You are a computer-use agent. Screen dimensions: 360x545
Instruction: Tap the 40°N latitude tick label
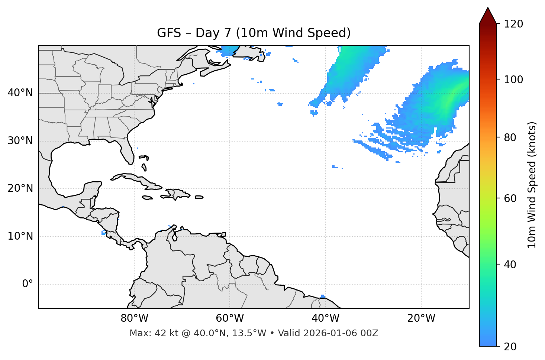(x=20, y=93)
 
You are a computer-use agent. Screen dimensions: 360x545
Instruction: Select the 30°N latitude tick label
(x=20, y=141)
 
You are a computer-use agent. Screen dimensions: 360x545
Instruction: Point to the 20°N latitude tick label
(x=20, y=188)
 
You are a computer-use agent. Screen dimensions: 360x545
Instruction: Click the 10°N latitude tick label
(x=20, y=236)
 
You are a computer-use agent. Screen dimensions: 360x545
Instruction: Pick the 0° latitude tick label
(x=28, y=284)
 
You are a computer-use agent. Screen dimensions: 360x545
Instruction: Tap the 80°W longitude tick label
(x=134, y=318)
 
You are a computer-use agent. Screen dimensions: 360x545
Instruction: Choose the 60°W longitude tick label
(x=230, y=318)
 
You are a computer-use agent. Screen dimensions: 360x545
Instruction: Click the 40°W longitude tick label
(x=325, y=318)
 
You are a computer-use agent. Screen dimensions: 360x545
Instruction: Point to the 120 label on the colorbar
(x=513, y=24)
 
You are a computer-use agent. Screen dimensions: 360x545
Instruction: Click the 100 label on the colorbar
(x=513, y=80)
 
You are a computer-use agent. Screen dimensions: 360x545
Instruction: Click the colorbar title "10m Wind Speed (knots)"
(x=532, y=185)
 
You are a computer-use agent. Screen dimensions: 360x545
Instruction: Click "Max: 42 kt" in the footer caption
(x=146, y=333)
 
